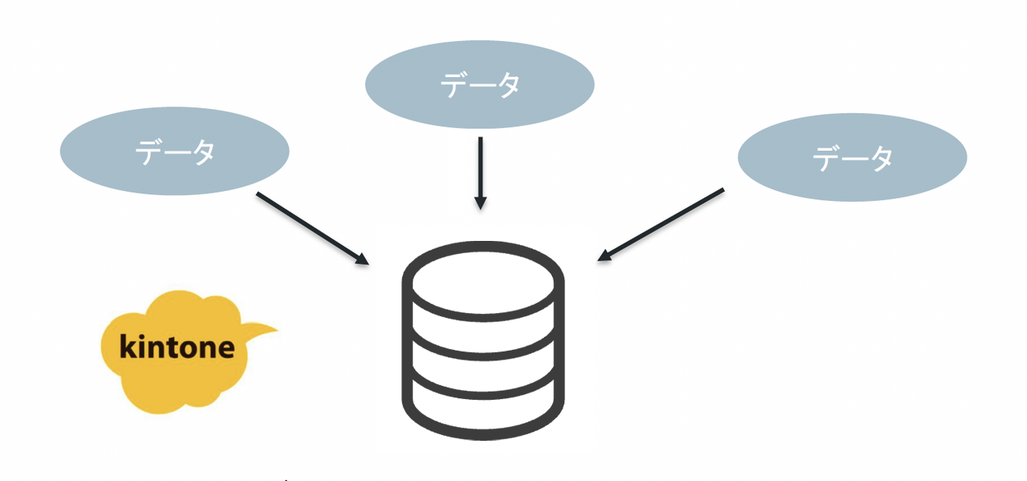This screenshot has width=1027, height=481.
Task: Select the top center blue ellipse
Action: [479, 84]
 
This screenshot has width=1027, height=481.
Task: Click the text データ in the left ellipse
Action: [175, 152]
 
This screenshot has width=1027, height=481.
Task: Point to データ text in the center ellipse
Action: [480, 84]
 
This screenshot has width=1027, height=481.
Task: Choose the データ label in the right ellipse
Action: [853, 158]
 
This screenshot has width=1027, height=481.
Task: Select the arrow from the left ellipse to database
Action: [311, 228]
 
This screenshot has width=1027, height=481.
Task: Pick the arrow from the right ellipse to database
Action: [662, 225]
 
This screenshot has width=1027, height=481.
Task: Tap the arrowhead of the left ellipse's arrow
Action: [362, 259]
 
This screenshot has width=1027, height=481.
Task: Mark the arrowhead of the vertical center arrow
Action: [481, 202]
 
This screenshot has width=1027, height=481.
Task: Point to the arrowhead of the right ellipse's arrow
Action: [604, 256]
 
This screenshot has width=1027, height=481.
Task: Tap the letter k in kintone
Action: [127, 347]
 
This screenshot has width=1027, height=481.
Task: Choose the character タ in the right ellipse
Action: [880, 158]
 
